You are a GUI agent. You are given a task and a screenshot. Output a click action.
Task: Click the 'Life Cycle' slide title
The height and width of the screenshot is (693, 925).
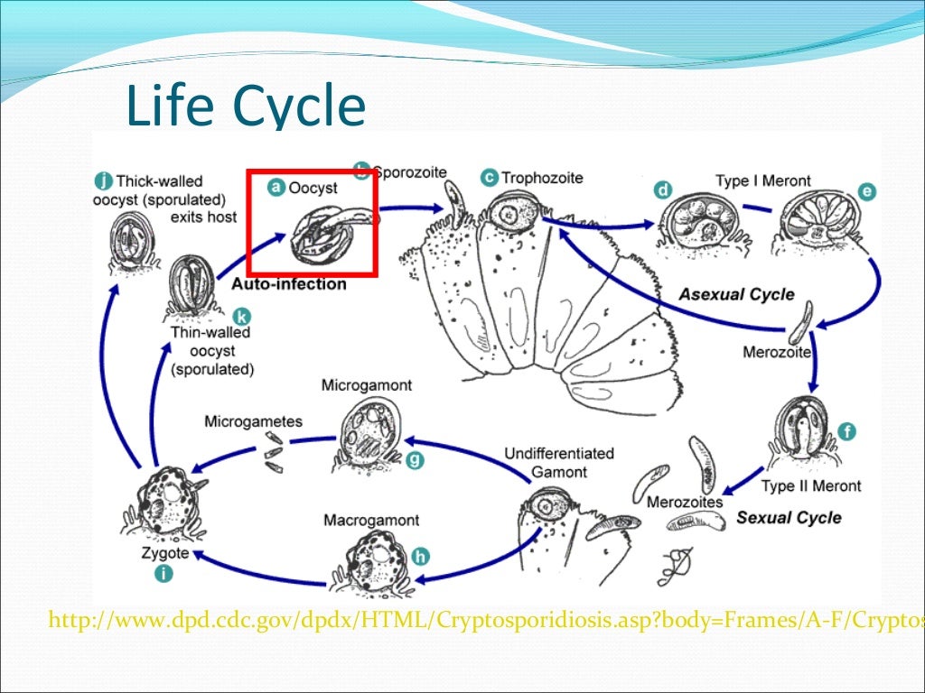point(246,106)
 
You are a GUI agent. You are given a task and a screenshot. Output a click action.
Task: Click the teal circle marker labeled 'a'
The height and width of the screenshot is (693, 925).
point(277,187)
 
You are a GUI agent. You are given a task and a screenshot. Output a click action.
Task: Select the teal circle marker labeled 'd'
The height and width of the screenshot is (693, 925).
point(664,189)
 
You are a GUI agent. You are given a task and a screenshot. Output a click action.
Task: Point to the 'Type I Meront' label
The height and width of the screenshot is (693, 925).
point(763,180)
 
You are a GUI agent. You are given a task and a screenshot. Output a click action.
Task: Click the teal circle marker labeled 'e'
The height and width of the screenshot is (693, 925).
point(867,190)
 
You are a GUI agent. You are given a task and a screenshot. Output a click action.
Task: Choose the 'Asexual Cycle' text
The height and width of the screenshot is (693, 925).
point(736,294)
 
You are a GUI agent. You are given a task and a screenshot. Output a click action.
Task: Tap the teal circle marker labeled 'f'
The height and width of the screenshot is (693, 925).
point(846,431)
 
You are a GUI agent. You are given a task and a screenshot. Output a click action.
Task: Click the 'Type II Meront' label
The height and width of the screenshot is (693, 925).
point(810,486)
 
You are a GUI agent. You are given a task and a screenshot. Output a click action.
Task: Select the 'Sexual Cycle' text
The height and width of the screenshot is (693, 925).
point(789,517)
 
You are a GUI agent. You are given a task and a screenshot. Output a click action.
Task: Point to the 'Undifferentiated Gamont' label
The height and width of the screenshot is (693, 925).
point(558,462)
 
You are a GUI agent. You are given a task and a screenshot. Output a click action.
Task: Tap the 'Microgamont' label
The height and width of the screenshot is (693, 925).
point(367,385)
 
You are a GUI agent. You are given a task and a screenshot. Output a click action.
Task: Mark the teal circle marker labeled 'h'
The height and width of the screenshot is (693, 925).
point(419,557)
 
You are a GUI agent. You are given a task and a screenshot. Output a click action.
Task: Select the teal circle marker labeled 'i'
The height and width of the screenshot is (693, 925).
point(164,572)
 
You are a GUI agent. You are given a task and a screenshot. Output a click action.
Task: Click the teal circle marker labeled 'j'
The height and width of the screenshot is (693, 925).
point(103,180)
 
